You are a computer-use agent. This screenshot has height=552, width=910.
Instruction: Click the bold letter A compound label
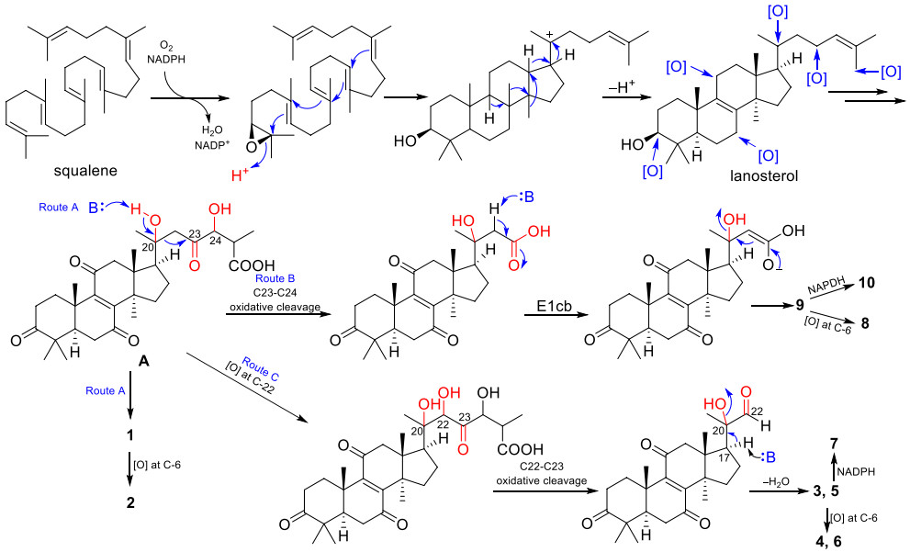(x=142, y=362)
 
